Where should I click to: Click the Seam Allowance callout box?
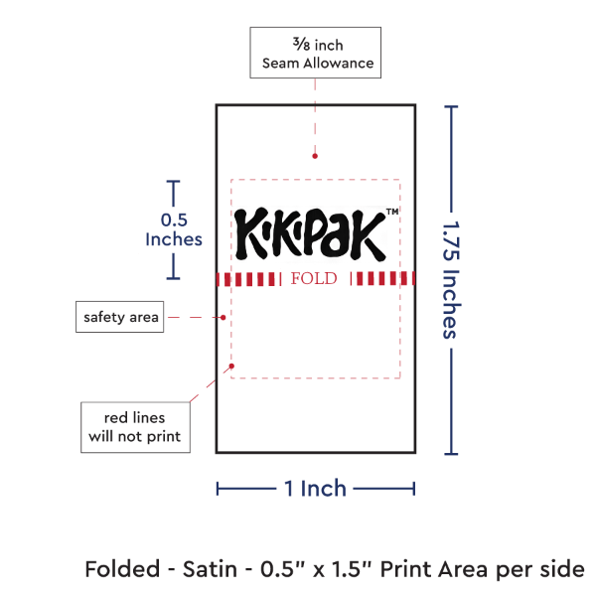point(315,53)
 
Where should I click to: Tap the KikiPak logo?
point(309,231)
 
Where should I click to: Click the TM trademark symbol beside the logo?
point(391,213)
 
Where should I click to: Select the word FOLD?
point(314,278)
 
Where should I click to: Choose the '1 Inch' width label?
point(314,487)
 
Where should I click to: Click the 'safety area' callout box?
point(119,317)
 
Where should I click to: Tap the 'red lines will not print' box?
point(135,426)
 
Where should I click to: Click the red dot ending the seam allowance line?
point(315,155)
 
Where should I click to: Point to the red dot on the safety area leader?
point(224,318)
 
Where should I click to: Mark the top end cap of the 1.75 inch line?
point(453,106)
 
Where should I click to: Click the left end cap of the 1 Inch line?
point(218,487)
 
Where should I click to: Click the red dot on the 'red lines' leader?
point(209,381)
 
